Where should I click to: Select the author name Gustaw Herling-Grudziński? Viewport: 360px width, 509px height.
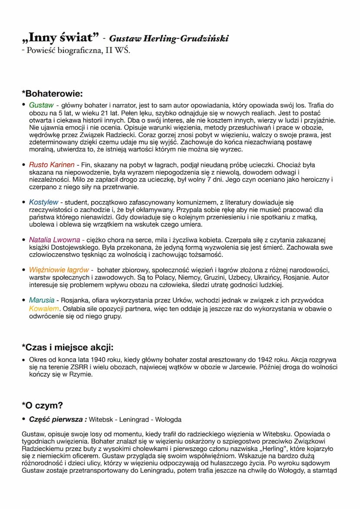[169, 39]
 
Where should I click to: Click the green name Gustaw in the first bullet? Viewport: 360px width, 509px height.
[41, 105]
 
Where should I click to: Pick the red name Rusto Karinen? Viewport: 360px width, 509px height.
[52, 165]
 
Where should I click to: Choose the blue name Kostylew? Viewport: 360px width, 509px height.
[43, 202]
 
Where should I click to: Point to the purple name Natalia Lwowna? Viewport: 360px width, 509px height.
[54, 240]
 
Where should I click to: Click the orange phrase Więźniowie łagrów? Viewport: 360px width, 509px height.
[59, 270]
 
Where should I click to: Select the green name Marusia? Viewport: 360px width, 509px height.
[42, 300]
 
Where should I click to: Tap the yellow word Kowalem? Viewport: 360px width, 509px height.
[44, 309]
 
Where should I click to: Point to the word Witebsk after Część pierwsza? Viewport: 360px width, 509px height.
[101, 419]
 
